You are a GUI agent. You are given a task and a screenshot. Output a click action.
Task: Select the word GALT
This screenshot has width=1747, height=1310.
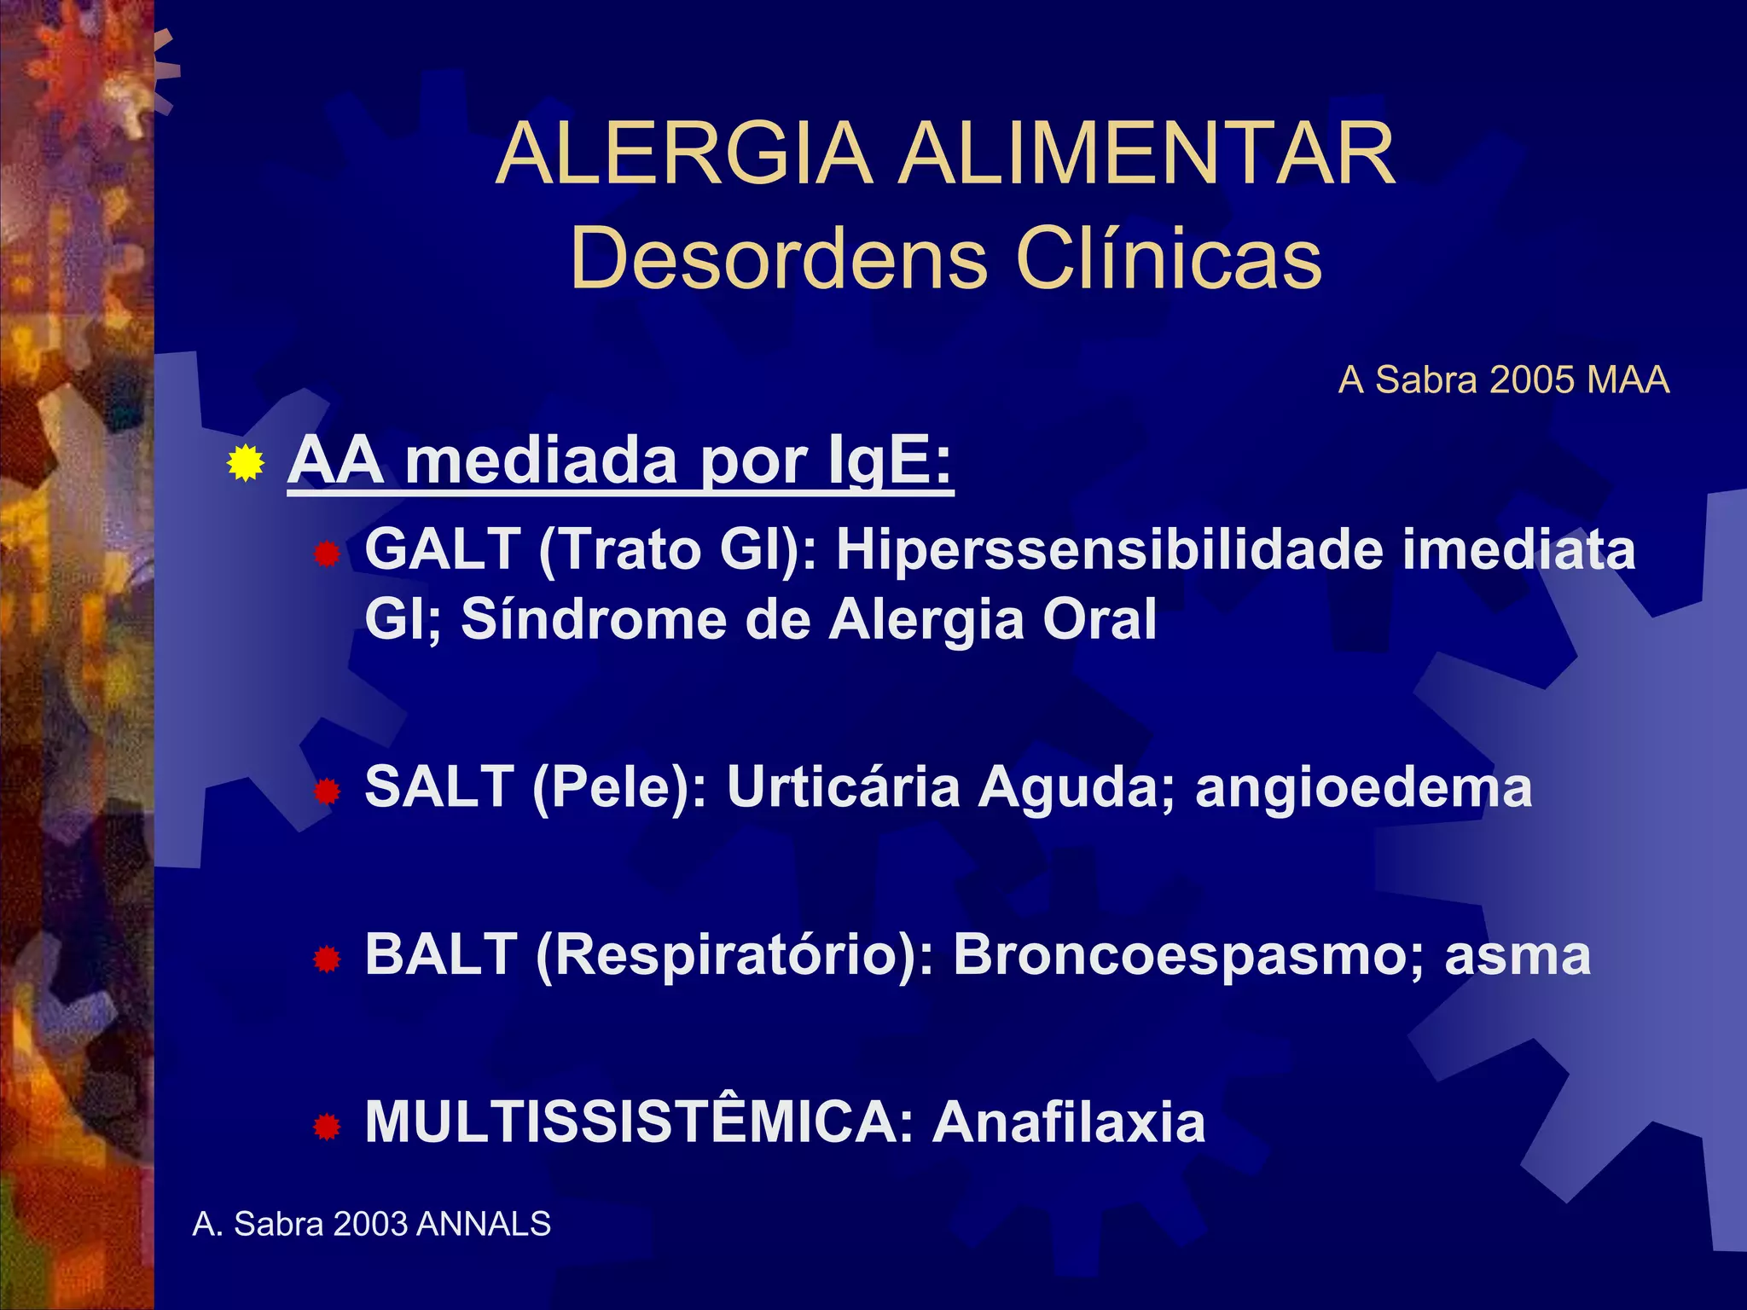point(443,548)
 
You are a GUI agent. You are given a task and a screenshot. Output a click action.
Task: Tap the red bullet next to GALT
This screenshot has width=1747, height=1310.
point(327,556)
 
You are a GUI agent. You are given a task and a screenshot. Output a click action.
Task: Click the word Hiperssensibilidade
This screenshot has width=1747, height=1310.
point(1109,548)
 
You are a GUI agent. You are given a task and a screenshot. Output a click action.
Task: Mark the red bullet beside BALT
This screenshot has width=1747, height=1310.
point(327,961)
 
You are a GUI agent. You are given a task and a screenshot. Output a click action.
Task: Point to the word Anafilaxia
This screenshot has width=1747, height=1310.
point(1069,1122)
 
